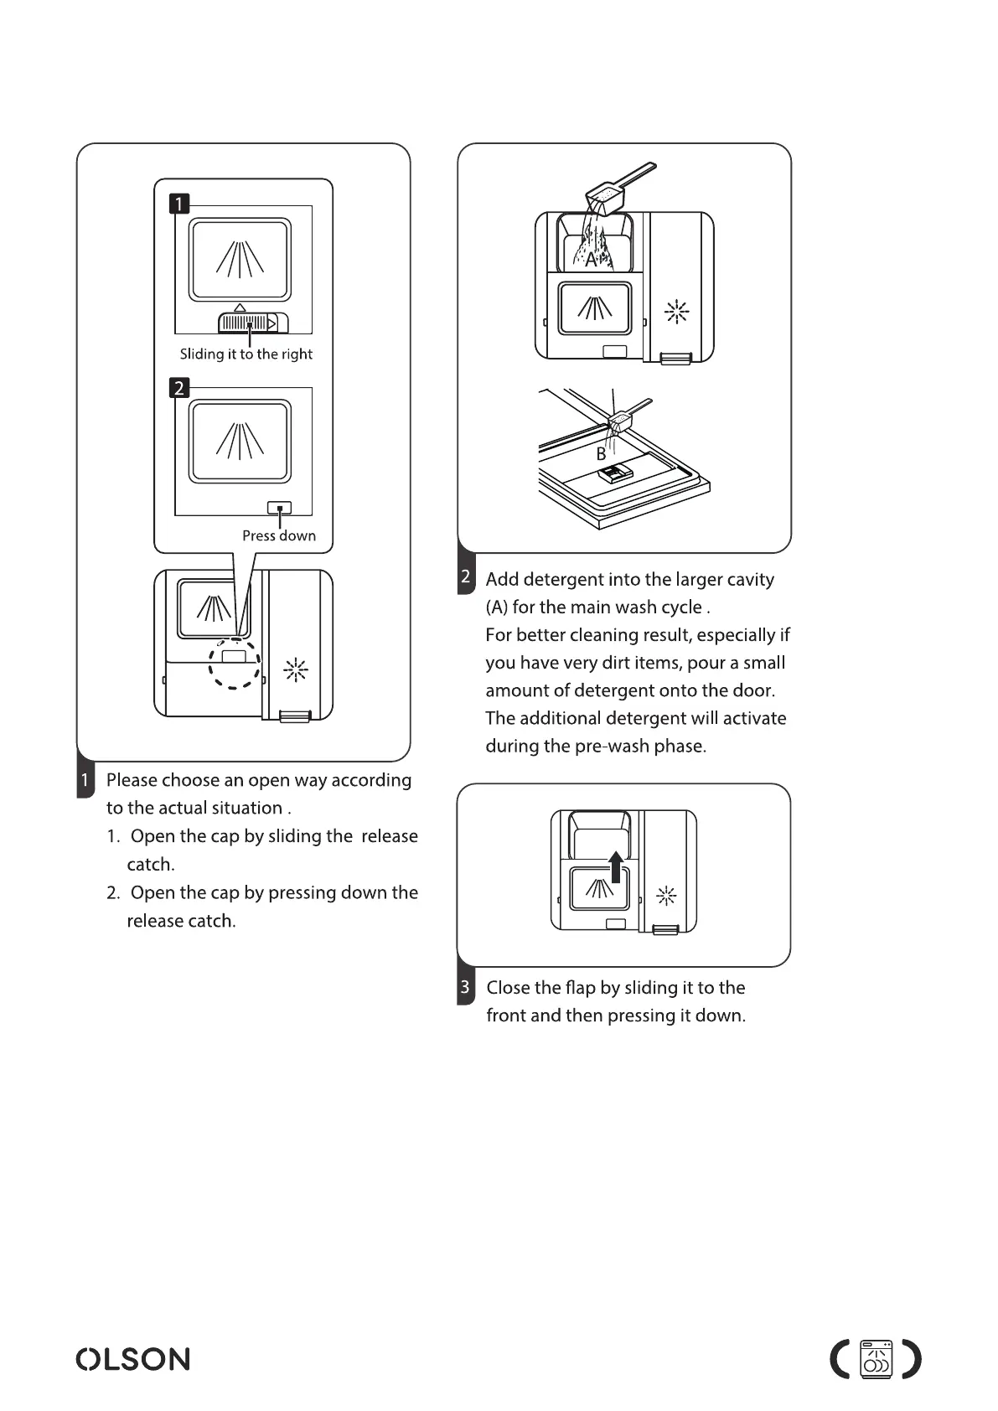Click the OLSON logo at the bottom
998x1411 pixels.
(x=133, y=1358)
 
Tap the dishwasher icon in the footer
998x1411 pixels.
(x=876, y=1359)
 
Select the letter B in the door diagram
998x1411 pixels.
(x=601, y=454)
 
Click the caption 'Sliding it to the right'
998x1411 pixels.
(x=246, y=354)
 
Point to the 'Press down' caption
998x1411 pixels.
(x=279, y=535)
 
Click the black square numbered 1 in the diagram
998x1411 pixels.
(x=179, y=204)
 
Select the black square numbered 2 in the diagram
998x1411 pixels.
(x=179, y=388)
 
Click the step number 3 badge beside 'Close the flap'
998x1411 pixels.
(x=465, y=987)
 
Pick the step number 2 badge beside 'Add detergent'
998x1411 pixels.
(x=466, y=578)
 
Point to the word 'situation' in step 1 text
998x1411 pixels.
(x=247, y=808)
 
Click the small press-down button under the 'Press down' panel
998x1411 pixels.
(x=279, y=508)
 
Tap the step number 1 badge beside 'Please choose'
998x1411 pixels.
(x=85, y=781)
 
